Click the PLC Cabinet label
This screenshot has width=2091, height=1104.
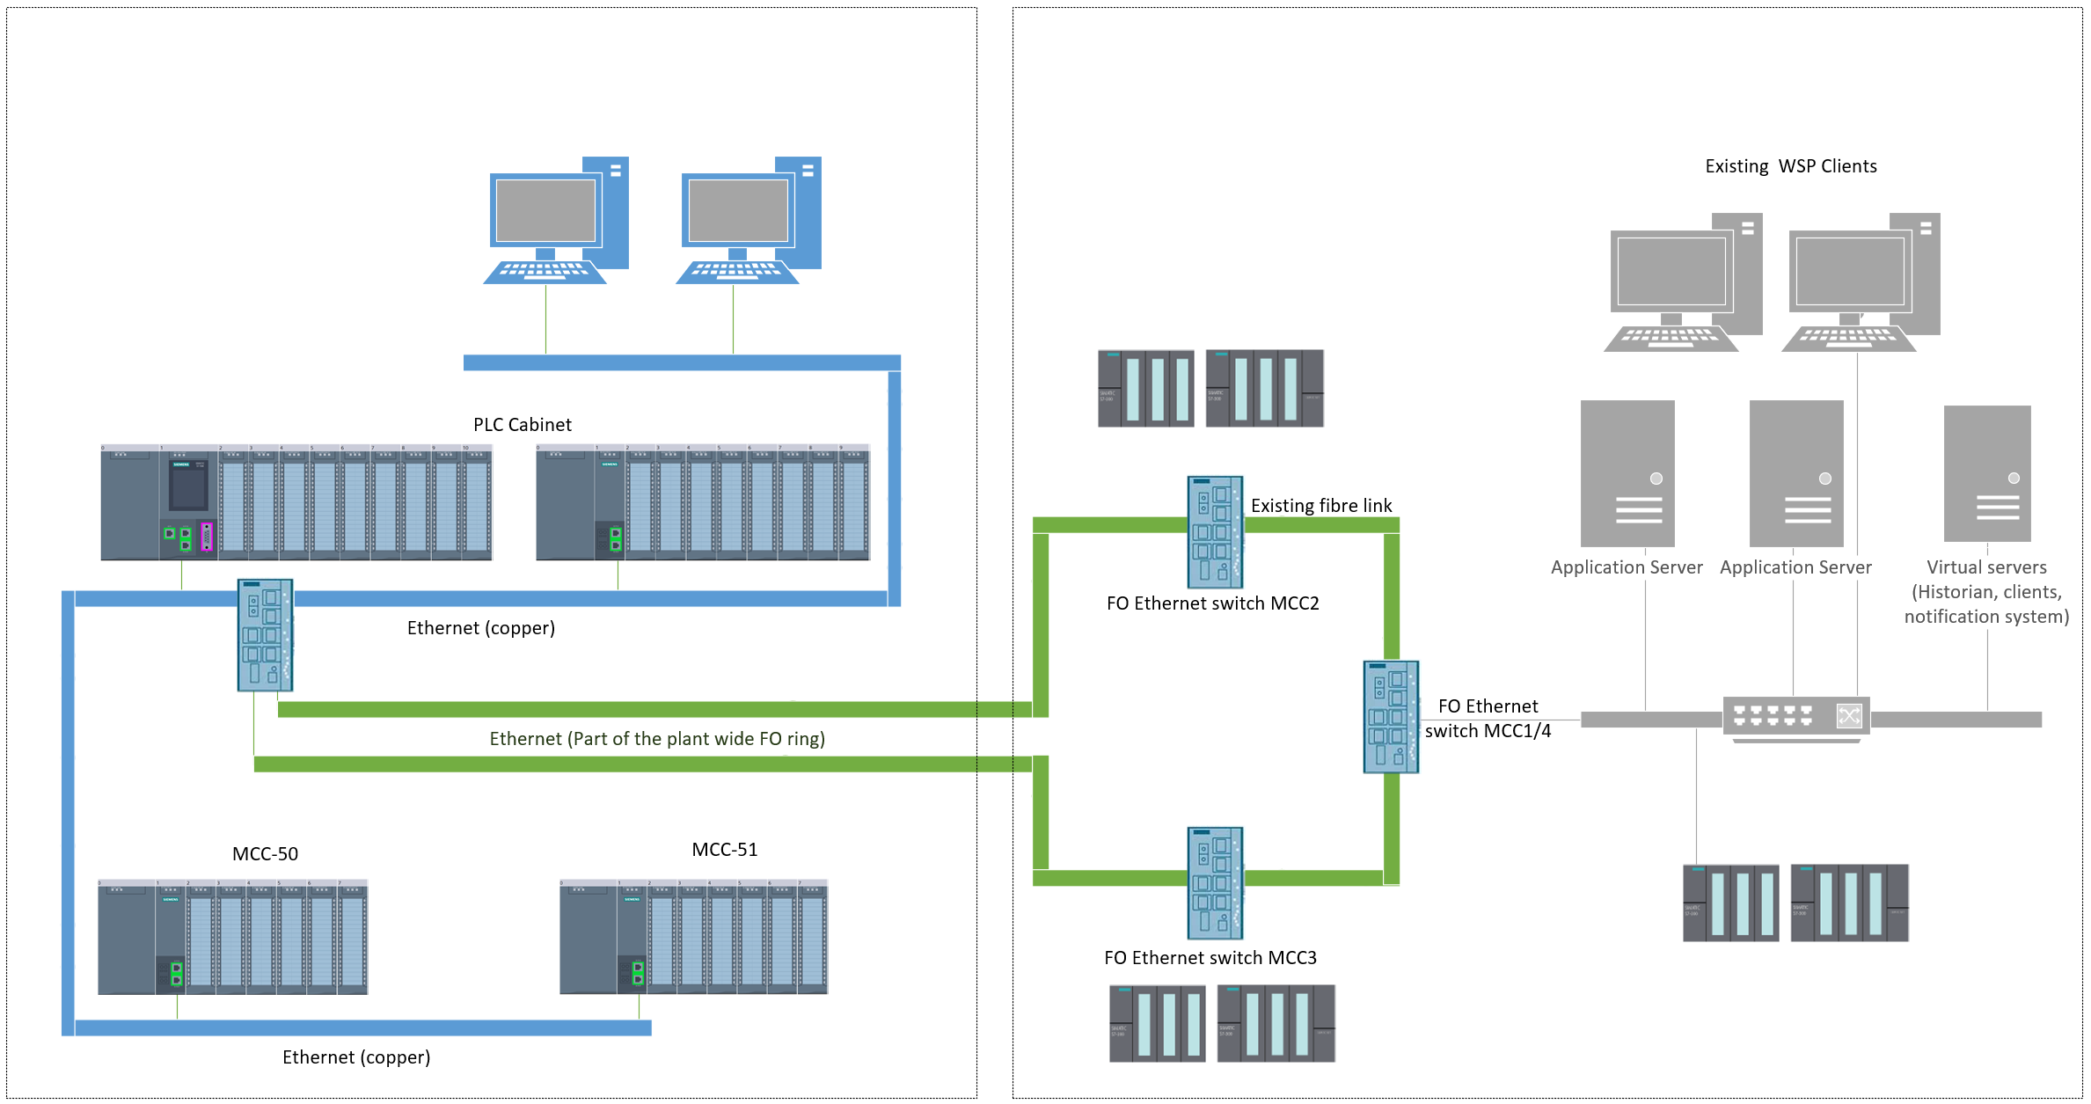pos(522,425)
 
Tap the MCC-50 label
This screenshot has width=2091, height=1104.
pos(265,854)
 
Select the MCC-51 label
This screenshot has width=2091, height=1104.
pos(724,850)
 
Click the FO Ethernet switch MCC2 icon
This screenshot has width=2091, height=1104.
pos(1215,532)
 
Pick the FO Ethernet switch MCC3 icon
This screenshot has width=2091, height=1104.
pos(1215,882)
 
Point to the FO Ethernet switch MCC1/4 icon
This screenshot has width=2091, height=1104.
pos(1390,717)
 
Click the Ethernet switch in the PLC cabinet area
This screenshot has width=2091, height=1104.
pos(265,634)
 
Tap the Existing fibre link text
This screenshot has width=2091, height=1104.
pos(1320,506)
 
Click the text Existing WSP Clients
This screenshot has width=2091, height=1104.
pos(1790,166)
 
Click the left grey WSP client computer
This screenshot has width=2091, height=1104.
pos(1682,281)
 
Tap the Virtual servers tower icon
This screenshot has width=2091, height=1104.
pos(1986,473)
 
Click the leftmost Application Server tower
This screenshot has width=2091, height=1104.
pos(1627,473)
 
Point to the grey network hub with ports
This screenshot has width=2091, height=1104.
pos(1795,717)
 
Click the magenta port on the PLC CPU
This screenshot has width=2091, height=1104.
pos(207,537)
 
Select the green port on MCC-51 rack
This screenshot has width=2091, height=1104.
pos(638,973)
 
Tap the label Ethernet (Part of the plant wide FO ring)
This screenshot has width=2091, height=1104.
pos(656,739)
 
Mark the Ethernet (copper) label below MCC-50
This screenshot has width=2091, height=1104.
pos(355,1057)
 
